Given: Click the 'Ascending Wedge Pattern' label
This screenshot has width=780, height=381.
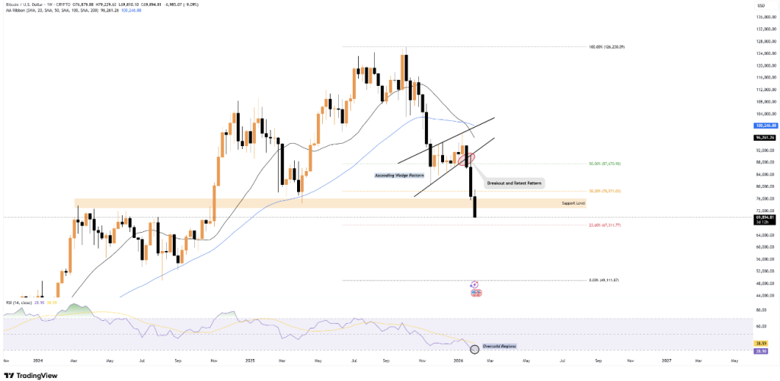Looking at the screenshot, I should [x=399, y=175].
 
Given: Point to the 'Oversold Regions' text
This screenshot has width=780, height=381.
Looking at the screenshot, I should [x=500, y=346].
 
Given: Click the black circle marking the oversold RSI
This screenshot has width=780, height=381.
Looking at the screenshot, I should [x=475, y=349].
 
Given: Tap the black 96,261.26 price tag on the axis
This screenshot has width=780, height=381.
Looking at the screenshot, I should [x=764, y=138].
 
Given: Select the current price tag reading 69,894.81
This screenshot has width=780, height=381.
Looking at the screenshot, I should [x=764, y=217].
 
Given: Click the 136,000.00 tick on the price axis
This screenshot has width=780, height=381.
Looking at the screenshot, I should [x=764, y=17].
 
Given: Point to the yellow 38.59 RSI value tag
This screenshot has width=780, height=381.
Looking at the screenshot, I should [x=764, y=343].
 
